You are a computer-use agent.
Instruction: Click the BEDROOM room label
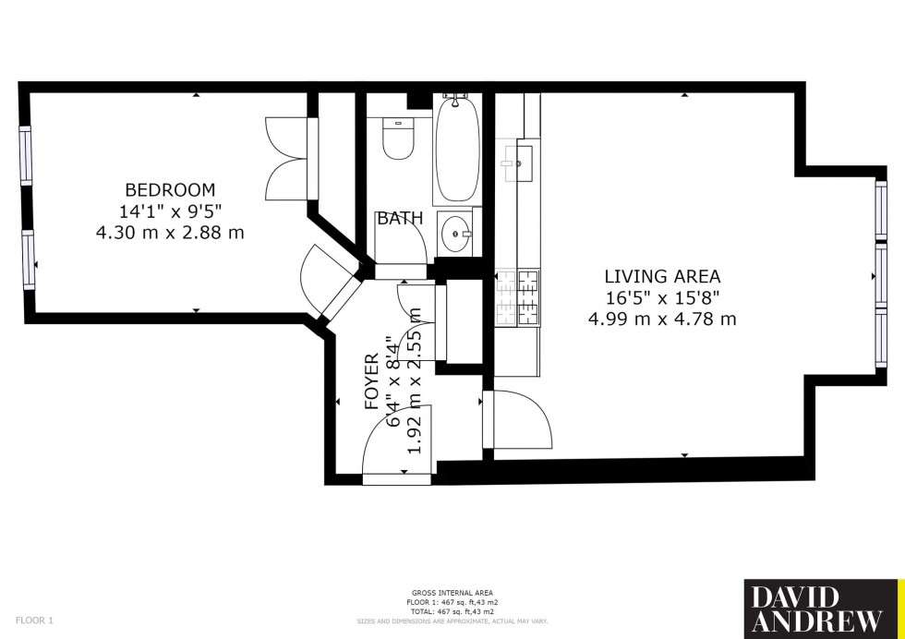point(170,190)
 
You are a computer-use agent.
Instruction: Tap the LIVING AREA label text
point(661,275)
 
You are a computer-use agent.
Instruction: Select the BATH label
point(400,219)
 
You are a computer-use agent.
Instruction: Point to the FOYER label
point(372,381)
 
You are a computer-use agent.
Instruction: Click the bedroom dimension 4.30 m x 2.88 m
point(170,233)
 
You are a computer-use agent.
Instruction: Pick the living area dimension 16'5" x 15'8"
point(661,297)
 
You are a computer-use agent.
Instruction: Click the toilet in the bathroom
point(398,139)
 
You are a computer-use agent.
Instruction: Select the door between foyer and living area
point(517,423)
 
